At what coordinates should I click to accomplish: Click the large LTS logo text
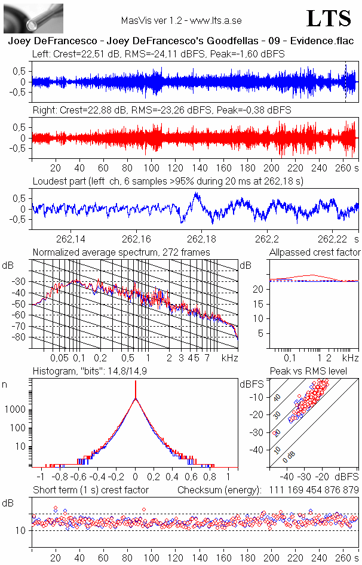tap(329, 19)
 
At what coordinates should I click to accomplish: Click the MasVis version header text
tap(181, 20)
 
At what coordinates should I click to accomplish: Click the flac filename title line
tap(180, 42)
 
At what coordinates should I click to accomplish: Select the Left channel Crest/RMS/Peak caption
tap(158, 54)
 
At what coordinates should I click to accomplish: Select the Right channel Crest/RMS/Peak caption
tap(161, 110)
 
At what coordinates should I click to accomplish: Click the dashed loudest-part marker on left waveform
tap(345, 82)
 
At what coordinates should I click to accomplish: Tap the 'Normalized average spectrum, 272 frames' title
tap(121, 253)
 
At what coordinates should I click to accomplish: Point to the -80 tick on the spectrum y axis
tap(21, 337)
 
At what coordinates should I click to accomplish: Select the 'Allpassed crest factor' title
tap(315, 253)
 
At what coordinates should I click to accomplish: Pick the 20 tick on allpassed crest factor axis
tap(259, 290)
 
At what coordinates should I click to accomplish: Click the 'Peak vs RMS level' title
tap(317, 371)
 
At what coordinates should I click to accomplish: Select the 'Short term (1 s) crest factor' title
tap(90, 490)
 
